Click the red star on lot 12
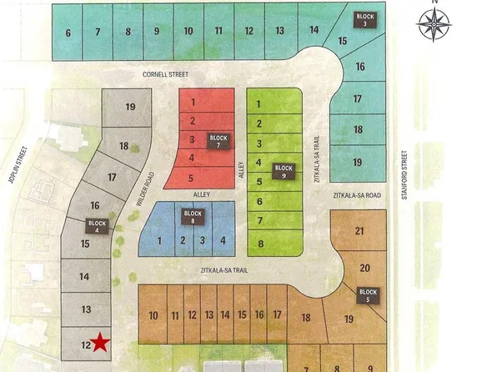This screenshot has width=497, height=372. pyautogui.click(x=100, y=341)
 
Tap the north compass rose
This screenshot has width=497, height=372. pyautogui.click(x=433, y=24)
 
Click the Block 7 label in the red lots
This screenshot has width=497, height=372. pyautogui.click(x=218, y=141)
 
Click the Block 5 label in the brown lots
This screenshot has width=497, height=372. pyautogui.click(x=369, y=294)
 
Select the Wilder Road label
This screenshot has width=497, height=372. pyautogui.click(x=144, y=190)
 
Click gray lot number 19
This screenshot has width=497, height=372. pyautogui.click(x=130, y=107)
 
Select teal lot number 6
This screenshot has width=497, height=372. pyautogui.click(x=68, y=33)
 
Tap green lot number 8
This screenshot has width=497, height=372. pyautogui.click(x=261, y=244)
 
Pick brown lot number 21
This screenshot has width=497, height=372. pyautogui.click(x=359, y=232)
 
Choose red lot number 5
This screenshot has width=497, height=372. pyautogui.click(x=193, y=177)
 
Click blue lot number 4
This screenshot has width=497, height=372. pyautogui.click(x=223, y=240)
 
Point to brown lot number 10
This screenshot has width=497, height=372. pyautogui.click(x=153, y=315)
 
